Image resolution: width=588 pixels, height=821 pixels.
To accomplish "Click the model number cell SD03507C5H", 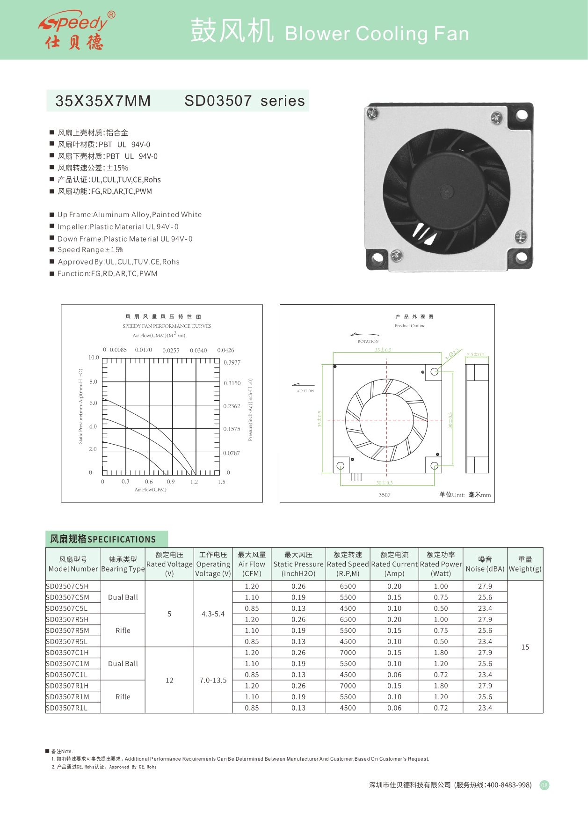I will (67, 586).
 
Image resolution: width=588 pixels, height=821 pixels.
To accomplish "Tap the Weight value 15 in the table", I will (525, 647).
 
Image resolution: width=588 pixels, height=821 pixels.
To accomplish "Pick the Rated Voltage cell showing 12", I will (169, 680).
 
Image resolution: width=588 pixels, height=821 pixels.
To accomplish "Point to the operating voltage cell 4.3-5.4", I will (213, 614).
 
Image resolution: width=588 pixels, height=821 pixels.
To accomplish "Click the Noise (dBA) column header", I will (485, 564).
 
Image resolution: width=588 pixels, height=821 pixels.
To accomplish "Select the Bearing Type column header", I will (123, 564).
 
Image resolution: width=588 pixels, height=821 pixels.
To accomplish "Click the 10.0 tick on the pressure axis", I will (94, 358).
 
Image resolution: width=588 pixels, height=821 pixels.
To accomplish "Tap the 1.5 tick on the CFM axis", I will (221, 482).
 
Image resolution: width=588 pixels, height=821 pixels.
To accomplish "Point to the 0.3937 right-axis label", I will (232, 362).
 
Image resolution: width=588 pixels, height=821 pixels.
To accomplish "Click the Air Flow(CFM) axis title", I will (151, 490).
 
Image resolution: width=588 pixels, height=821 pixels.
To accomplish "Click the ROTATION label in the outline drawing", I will (368, 341).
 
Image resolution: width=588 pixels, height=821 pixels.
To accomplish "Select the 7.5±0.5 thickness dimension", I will (475, 354).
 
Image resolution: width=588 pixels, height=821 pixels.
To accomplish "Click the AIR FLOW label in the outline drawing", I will (305, 391).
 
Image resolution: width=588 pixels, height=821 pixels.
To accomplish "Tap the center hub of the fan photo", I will (447, 191).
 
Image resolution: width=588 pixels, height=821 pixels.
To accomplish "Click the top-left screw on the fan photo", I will (373, 112).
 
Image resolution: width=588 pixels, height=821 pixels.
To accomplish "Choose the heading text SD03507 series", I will (244, 101).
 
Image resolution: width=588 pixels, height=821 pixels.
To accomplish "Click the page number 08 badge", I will (544, 785).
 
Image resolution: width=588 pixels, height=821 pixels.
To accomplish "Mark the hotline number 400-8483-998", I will (509, 785).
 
